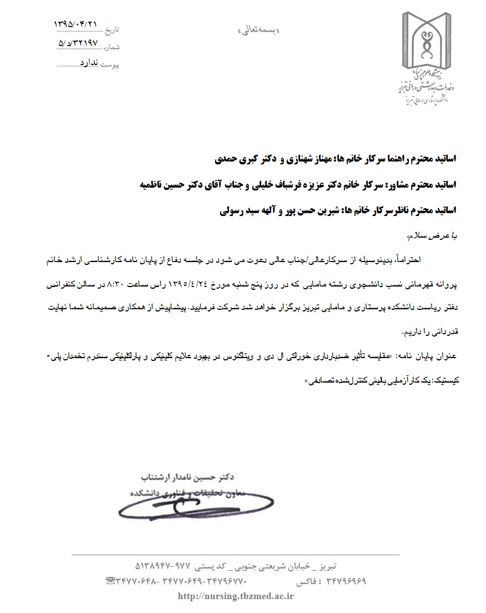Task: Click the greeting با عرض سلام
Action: (x=431, y=237)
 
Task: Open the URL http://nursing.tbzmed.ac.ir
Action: (x=235, y=596)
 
